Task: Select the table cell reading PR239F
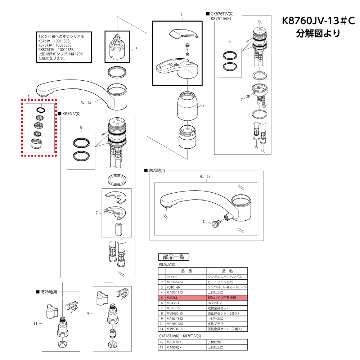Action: [172, 277]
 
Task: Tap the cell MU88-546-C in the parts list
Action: [175, 282]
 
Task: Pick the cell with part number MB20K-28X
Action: [175, 324]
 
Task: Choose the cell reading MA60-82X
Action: [174, 347]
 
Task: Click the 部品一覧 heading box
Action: [174, 257]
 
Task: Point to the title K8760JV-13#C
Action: [318, 21]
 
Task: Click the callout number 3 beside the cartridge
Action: [136, 49]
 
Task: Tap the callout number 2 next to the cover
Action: [203, 105]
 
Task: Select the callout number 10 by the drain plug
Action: [203, 221]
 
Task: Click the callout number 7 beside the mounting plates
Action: [97, 213]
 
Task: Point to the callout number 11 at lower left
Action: [35, 323]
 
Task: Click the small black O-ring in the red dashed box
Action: [41, 109]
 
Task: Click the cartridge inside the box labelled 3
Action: [117, 49]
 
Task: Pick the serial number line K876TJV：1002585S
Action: [55, 45]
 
